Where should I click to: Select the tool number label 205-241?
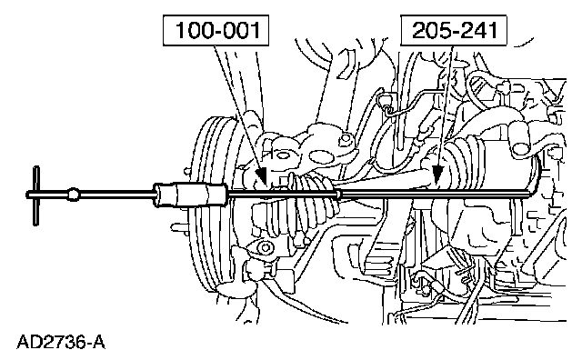[454, 30]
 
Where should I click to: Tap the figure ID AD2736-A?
[61, 342]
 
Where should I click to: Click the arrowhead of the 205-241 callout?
[438, 175]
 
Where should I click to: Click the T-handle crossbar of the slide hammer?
[36, 195]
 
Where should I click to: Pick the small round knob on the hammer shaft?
[73, 195]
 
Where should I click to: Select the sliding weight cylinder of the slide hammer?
[191, 194]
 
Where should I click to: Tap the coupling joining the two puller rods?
[338, 195]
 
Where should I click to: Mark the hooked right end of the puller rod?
[535, 185]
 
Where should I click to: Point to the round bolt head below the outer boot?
[265, 247]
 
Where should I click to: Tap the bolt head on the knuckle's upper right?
[346, 139]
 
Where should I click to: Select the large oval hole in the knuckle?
[321, 156]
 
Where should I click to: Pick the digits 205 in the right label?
[431, 30]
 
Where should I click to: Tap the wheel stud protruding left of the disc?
[178, 226]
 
